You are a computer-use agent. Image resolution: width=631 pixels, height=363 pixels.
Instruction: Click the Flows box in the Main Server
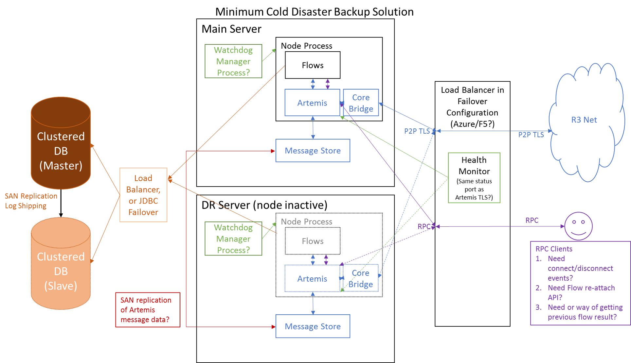[313, 65]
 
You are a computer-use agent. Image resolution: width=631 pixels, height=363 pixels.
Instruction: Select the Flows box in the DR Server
[313, 241]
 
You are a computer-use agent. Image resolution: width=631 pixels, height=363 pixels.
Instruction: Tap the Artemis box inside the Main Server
[312, 103]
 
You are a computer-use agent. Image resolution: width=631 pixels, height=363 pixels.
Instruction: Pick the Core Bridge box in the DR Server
[360, 278]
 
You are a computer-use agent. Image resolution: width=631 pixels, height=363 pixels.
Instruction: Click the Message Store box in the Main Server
[313, 151]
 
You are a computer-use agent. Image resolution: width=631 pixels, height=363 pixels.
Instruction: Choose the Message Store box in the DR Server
[313, 326]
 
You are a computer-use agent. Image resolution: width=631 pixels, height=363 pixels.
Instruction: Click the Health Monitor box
[474, 178]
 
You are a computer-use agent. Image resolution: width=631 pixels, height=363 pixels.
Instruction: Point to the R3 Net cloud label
[584, 120]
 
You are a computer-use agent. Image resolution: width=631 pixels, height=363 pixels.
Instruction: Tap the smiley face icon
[578, 226]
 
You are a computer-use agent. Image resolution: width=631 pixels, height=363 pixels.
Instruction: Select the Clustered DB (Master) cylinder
[61, 143]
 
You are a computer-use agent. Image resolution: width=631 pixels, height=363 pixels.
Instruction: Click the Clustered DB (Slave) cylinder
[61, 263]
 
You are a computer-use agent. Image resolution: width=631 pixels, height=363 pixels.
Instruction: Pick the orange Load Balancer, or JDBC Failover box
[143, 195]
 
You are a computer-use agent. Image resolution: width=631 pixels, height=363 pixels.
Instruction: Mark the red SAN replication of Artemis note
[148, 310]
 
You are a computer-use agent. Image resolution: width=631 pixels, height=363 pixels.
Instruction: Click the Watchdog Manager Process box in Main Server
[233, 61]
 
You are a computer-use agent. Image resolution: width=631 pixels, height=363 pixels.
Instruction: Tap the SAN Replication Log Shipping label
[31, 201]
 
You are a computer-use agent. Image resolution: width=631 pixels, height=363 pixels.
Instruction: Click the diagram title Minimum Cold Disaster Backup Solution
[315, 12]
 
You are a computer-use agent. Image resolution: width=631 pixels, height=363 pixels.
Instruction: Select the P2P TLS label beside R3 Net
[531, 135]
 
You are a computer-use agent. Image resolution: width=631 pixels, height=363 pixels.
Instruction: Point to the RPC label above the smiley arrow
[532, 220]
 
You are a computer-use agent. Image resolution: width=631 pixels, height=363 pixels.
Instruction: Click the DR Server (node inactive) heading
[264, 205]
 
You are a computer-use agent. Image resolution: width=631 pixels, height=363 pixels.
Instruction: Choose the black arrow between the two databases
[61, 203]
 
